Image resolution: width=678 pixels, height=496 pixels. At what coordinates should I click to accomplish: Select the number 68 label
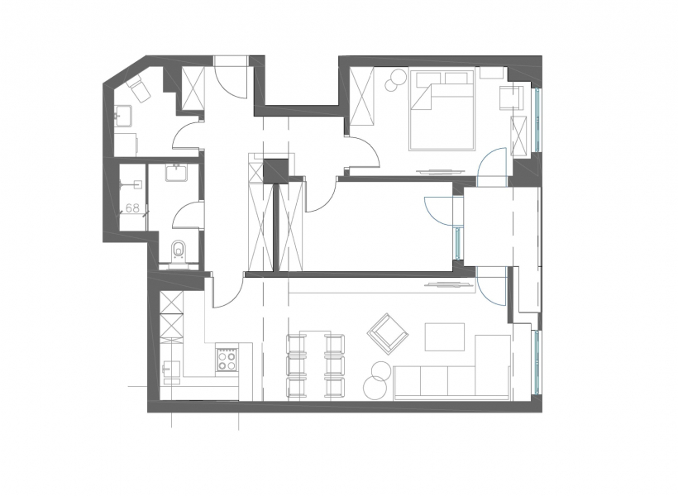[133, 208]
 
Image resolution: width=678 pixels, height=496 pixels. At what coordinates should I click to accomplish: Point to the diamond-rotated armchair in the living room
[388, 332]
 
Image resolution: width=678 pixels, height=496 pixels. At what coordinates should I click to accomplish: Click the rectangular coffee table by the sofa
[445, 336]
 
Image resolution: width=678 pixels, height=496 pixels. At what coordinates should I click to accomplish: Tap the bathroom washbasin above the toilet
[176, 173]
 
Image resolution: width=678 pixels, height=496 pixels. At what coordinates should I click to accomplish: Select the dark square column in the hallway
[276, 171]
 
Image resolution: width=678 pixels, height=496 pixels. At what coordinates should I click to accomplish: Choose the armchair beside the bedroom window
[512, 97]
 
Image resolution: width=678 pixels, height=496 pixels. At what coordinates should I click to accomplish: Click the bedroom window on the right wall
[537, 119]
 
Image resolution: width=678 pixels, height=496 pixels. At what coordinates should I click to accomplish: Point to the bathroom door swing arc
[189, 214]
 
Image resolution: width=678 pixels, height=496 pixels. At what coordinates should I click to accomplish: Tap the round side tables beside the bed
[395, 80]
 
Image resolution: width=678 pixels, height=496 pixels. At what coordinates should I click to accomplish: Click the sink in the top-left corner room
[123, 117]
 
